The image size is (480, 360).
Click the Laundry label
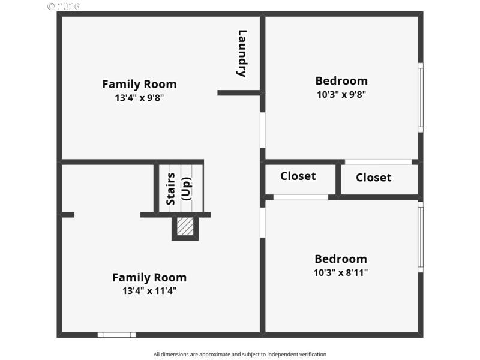coord(242,53)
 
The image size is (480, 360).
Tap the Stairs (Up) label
coord(178,188)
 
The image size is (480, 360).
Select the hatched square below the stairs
coord(185,226)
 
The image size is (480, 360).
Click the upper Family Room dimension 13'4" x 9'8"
coord(139,97)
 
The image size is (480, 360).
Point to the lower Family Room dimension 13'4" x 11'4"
coord(149,291)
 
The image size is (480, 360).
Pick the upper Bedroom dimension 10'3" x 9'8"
coord(341,94)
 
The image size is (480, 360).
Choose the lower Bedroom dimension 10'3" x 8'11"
coord(341,272)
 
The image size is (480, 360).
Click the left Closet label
coord(298,176)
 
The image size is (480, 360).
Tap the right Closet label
coord(373,177)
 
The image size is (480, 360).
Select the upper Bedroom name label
coord(341,80)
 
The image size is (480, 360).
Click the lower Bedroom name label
coord(340,259)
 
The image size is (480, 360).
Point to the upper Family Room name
coord(139,84)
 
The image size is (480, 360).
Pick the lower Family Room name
coord(149,277)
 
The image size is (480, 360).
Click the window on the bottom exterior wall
coord(116,335)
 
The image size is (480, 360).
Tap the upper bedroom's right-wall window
coord(421,97)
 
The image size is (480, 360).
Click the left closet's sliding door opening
coord(301,197)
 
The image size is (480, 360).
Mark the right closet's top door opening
coord(378,162)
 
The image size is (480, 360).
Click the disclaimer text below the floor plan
coord(240,355)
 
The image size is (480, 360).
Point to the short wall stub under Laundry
coord(239,92)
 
